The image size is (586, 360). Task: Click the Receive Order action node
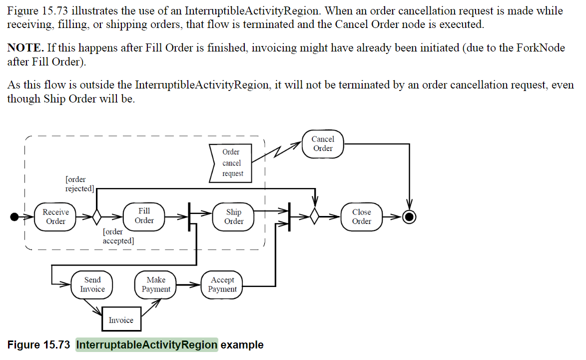coord(55,216)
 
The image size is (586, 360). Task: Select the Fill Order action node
coord(144,216)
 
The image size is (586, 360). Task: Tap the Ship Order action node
coord(234,216)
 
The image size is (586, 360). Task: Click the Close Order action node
coord(361,216)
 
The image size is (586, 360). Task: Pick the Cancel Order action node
coord(323,143)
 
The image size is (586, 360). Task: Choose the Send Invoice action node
coord(92,284)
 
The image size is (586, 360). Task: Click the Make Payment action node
coord(156,284)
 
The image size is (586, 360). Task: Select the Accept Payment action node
coord(222,284)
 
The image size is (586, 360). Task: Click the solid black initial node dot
coord(15,216)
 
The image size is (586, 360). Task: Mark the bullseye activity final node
coord(410,216)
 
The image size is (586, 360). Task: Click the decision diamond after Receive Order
coord(96,216)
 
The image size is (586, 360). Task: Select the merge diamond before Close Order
coord(314,216)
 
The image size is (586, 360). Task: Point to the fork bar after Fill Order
coord(189,216)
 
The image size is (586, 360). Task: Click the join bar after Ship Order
coord(289,216)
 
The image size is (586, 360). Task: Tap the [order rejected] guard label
coord(80,184)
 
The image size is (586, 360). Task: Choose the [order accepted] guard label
coord(118,236)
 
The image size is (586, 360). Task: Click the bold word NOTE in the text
coord(24,48)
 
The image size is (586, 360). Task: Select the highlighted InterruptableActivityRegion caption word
coord(147,345)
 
